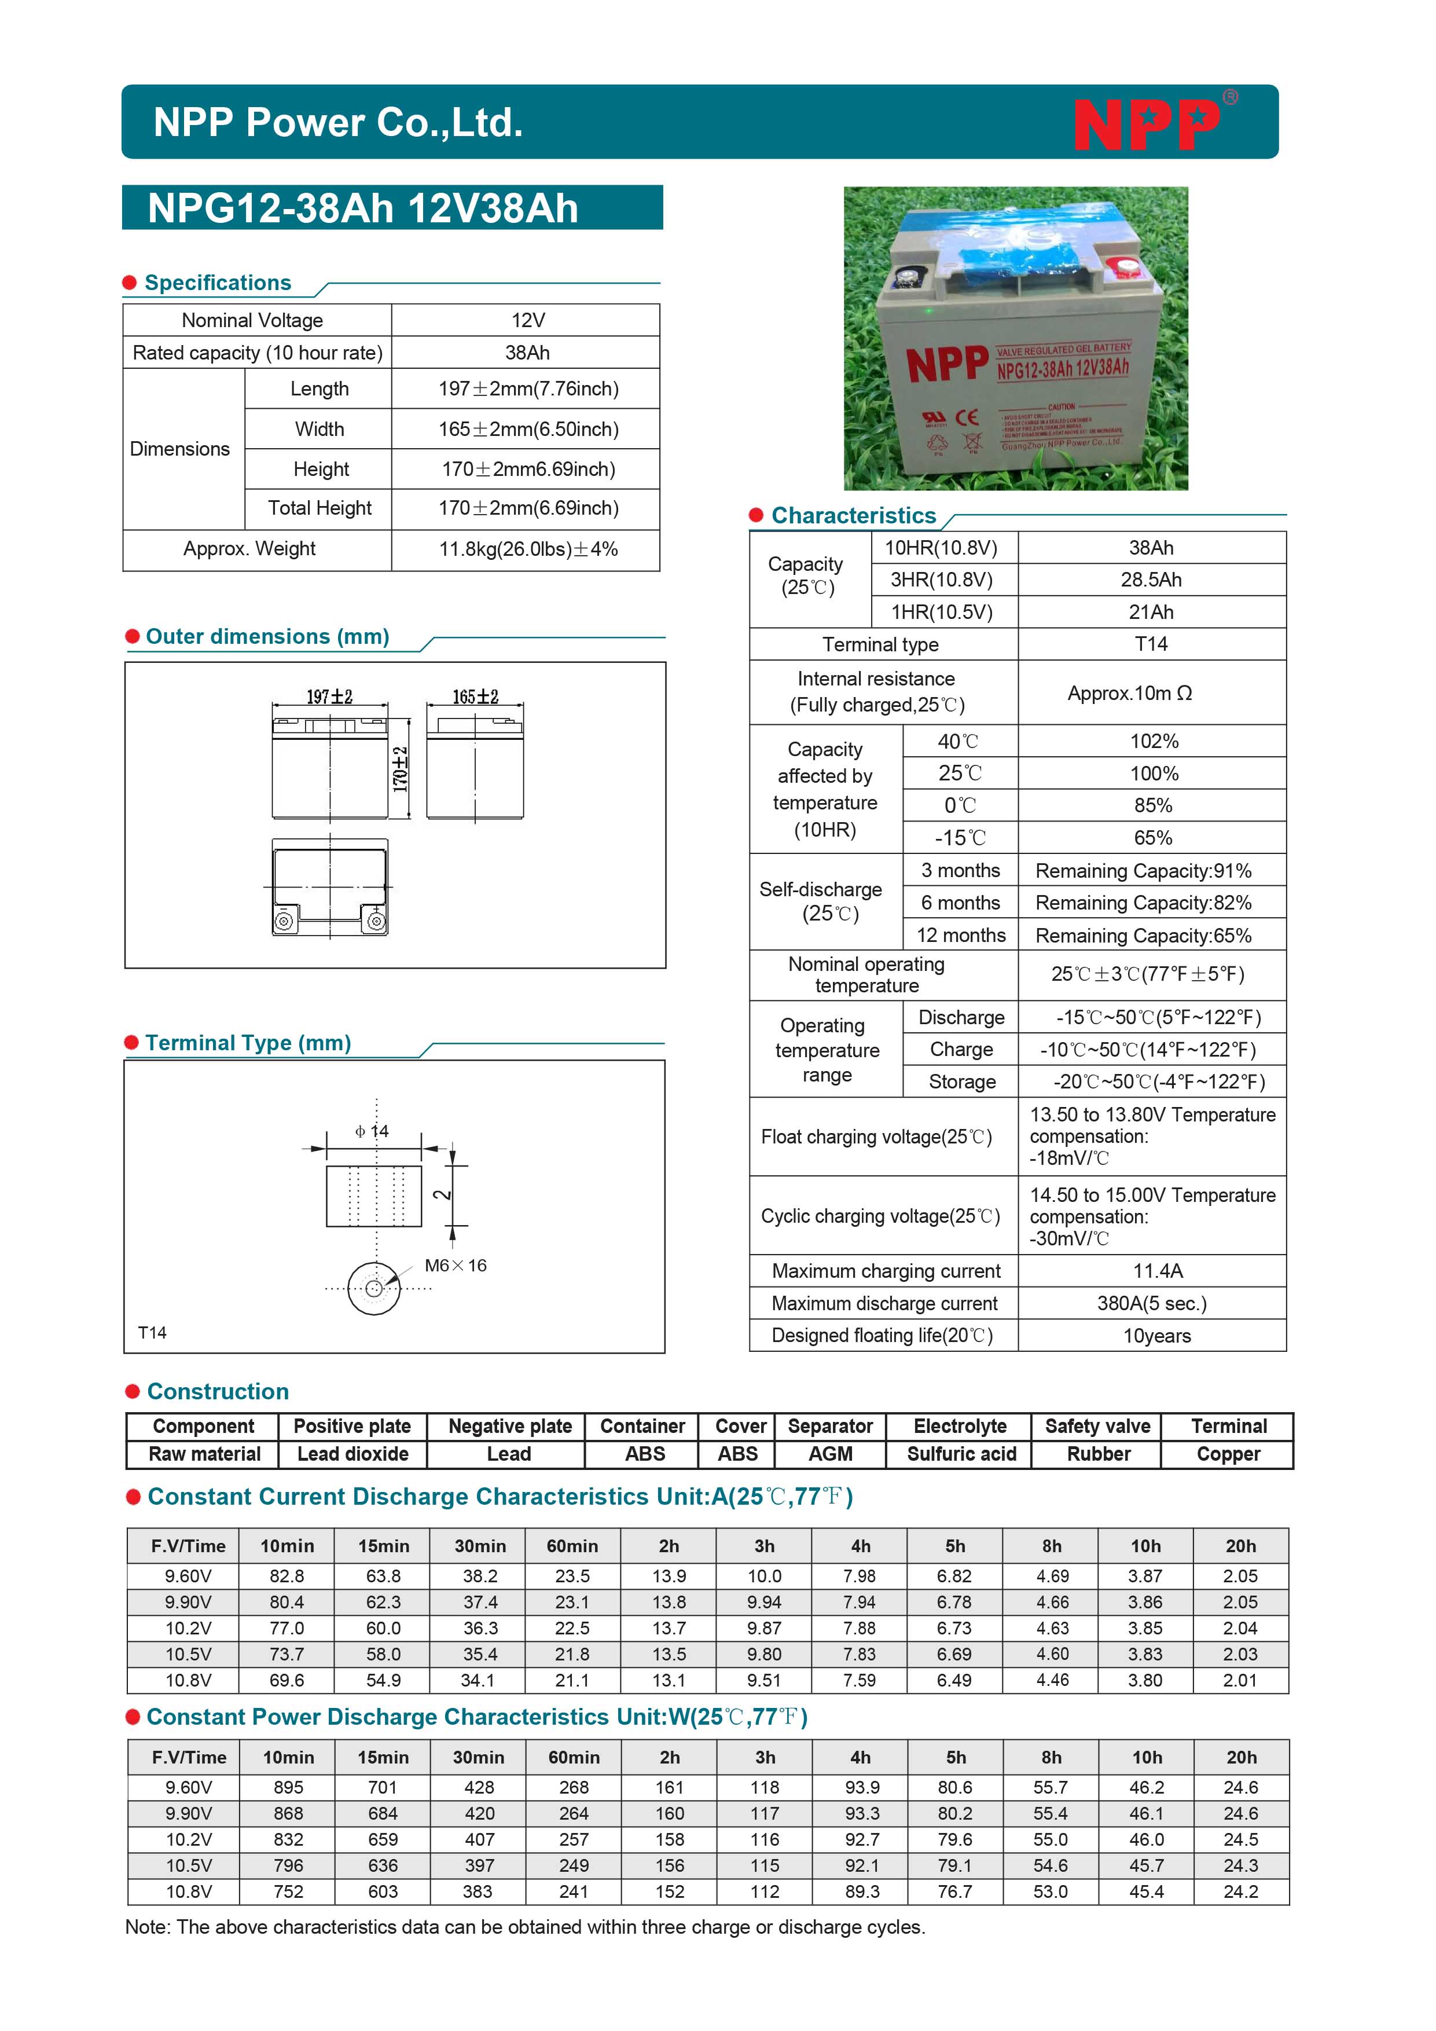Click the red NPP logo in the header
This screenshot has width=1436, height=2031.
pyautogui.click(x=1148, y=124)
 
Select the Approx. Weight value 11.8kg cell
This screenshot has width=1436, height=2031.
pyautogui.click(x=528, y=549)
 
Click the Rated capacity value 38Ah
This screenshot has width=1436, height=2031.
pyautogui.click(x=527, y=353)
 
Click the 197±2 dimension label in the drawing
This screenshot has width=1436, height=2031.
pyautogui.click(x=329, y=697)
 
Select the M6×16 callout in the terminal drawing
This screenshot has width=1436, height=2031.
pyautogui.click(x=456, y=1266)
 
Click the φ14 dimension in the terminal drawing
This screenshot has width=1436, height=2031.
pyautogui.click(x=372, y=1131)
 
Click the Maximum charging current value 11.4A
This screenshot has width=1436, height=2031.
pyautogui.click(x=1158, y=1271)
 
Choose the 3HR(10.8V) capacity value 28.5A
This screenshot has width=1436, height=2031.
pyautogui.click(x=1151, y=580)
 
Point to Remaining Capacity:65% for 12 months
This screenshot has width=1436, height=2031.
pyautogui.click(x=1143, y=936)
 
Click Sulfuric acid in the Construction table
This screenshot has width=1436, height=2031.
pyautogui.click(x=961, y=1454)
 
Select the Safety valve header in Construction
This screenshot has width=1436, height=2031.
pyautogui.click(x=1097, y=1427)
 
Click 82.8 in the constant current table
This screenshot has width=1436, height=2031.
pyautogui.click(x=287, y=1577)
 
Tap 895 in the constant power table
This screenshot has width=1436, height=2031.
pyautogui.click(x=288, y=1788)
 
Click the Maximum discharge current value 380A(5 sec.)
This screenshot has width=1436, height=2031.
pyautogui.click(x=1151, y=1304)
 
